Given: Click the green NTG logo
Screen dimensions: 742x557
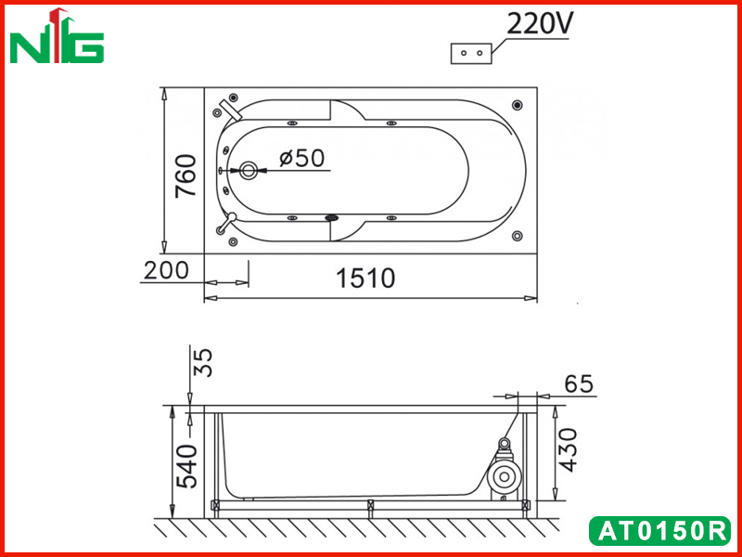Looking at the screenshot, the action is click(57, 36).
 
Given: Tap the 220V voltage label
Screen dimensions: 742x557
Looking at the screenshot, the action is click(539, 24).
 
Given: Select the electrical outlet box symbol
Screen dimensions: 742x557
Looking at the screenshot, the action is click(471, 54).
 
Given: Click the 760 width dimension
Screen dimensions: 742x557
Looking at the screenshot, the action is click(185, 175).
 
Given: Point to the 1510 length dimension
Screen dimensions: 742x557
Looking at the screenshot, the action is click(365, 278).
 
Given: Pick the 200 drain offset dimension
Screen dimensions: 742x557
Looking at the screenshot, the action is click(166, 270).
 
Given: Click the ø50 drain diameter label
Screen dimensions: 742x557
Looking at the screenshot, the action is click(302, 158).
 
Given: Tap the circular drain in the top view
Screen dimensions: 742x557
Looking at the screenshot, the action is click(248, 171).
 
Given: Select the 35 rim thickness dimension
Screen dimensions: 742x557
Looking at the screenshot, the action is click(204, 362).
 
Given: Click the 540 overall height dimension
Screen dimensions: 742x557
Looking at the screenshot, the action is click(186, 467).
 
